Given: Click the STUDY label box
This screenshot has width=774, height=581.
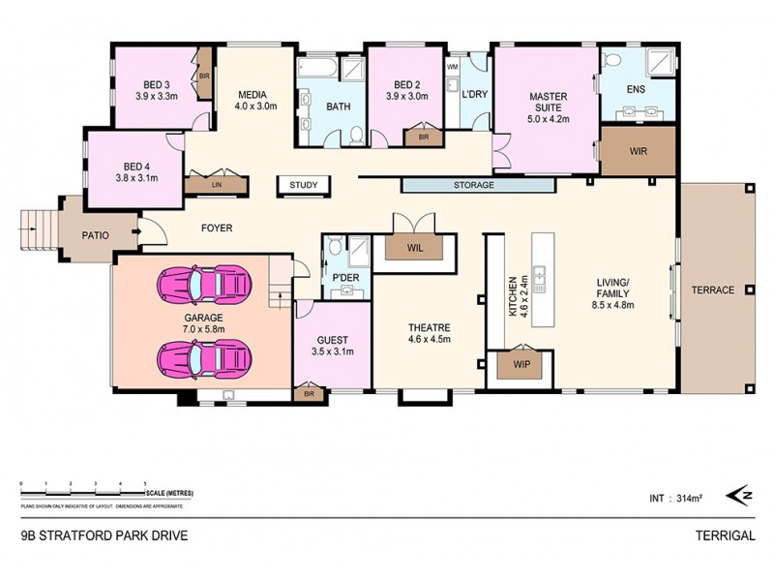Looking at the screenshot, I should pyautogui.click(x=304, y=185).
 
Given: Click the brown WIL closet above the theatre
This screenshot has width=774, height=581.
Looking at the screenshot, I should pyautogui.click(x=415, y=247).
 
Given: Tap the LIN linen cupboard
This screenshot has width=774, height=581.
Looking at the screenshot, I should pyautogui.click(x=218, y=182).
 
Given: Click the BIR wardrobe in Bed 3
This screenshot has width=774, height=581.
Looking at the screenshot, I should pyautogui.click(x=204, y=74).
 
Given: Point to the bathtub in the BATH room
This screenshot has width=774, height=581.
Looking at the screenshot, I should pyautogui.click(x=316, y=69).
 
